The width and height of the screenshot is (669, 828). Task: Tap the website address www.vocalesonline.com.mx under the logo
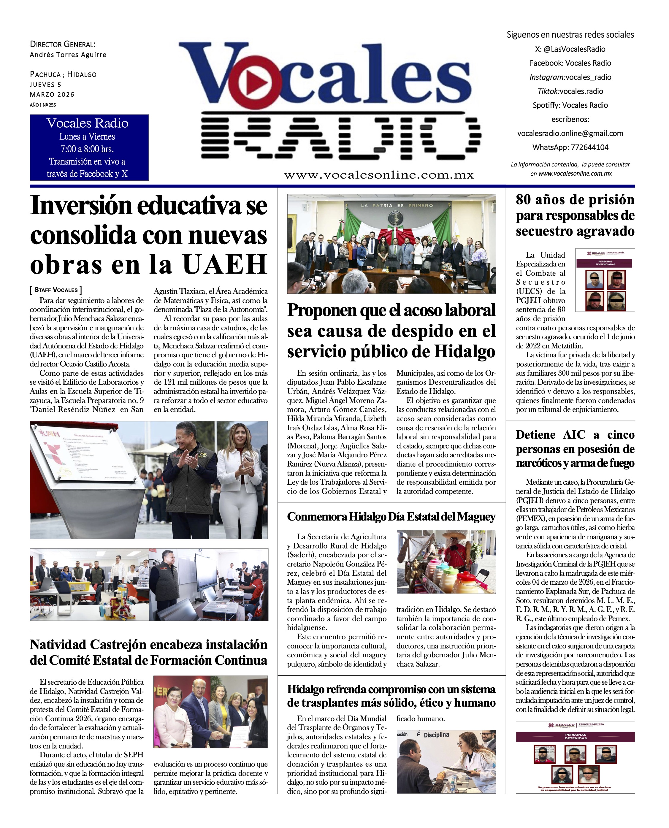point(379,175)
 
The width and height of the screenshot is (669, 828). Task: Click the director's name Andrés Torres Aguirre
point(68,55)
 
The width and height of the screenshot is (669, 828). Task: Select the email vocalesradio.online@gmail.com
point(570,133)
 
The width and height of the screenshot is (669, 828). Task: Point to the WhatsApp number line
point(570,147)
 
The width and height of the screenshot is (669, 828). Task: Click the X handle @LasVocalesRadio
point(570,49)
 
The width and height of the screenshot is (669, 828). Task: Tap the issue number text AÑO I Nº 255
point(43,105)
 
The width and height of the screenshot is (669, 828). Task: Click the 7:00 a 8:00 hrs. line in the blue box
point(87,149)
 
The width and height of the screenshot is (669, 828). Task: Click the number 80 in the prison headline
point(524,200)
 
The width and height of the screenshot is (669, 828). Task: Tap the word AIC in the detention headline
point(574,434)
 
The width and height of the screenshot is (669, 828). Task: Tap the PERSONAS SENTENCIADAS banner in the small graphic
point(605,263)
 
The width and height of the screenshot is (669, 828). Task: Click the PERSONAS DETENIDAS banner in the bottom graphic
point(575,736)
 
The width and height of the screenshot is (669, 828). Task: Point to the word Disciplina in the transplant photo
point(436,735)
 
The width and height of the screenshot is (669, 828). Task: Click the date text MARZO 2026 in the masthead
point(52,94)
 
